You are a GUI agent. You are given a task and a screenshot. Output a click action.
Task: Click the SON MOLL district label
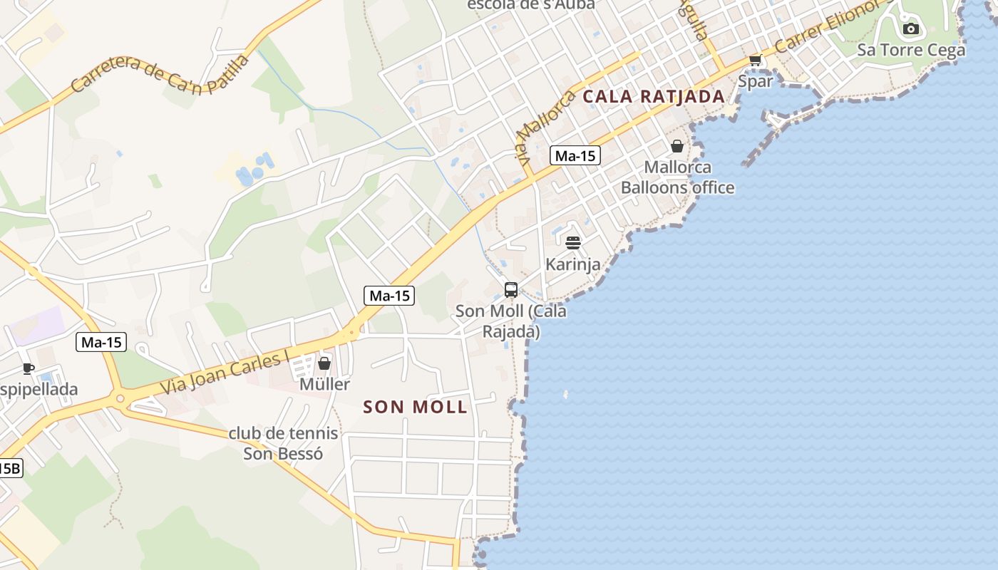coord(415,408)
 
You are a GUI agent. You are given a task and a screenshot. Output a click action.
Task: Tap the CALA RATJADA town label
coord(654,96)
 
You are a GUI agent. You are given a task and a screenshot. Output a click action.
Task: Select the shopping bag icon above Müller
coord(324,363)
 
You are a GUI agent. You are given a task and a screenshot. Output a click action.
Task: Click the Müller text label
coord(324,385)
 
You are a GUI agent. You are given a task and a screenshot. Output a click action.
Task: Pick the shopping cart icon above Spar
coord(755,61)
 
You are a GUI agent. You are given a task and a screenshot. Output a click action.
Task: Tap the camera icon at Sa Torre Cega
coord(910,29)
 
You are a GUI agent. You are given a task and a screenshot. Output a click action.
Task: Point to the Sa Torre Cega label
coord(910,50)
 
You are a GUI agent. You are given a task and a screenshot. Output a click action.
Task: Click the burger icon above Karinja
coord(572,243)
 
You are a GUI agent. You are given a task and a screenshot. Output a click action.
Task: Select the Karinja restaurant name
coord(572,264)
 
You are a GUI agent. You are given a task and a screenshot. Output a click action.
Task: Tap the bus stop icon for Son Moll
coord(511,289)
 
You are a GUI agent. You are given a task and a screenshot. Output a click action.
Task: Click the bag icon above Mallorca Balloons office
coord(677,146)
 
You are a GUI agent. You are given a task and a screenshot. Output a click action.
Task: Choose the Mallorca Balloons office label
coord(677,177)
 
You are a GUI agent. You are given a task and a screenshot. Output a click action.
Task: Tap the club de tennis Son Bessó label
coord(283,443)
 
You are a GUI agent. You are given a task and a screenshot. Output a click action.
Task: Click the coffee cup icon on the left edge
coord(29,368)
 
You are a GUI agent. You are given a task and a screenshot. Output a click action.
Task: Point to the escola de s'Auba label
coord(530,4)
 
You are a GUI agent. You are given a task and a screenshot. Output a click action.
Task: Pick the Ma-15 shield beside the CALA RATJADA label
coord(575,155)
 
